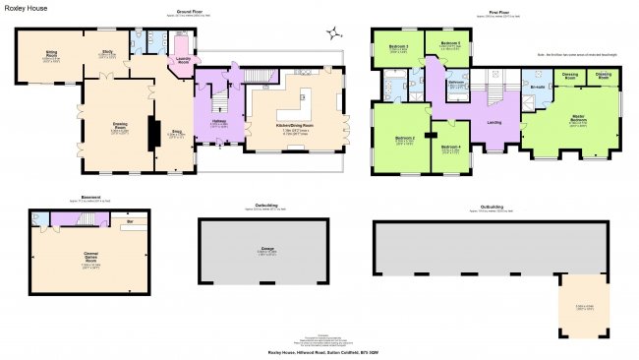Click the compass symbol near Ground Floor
[x=340, y=29]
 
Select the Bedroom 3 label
[x=398, y=46]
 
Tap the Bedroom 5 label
[x=450, y=44]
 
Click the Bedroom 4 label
[x=450, y=147]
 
